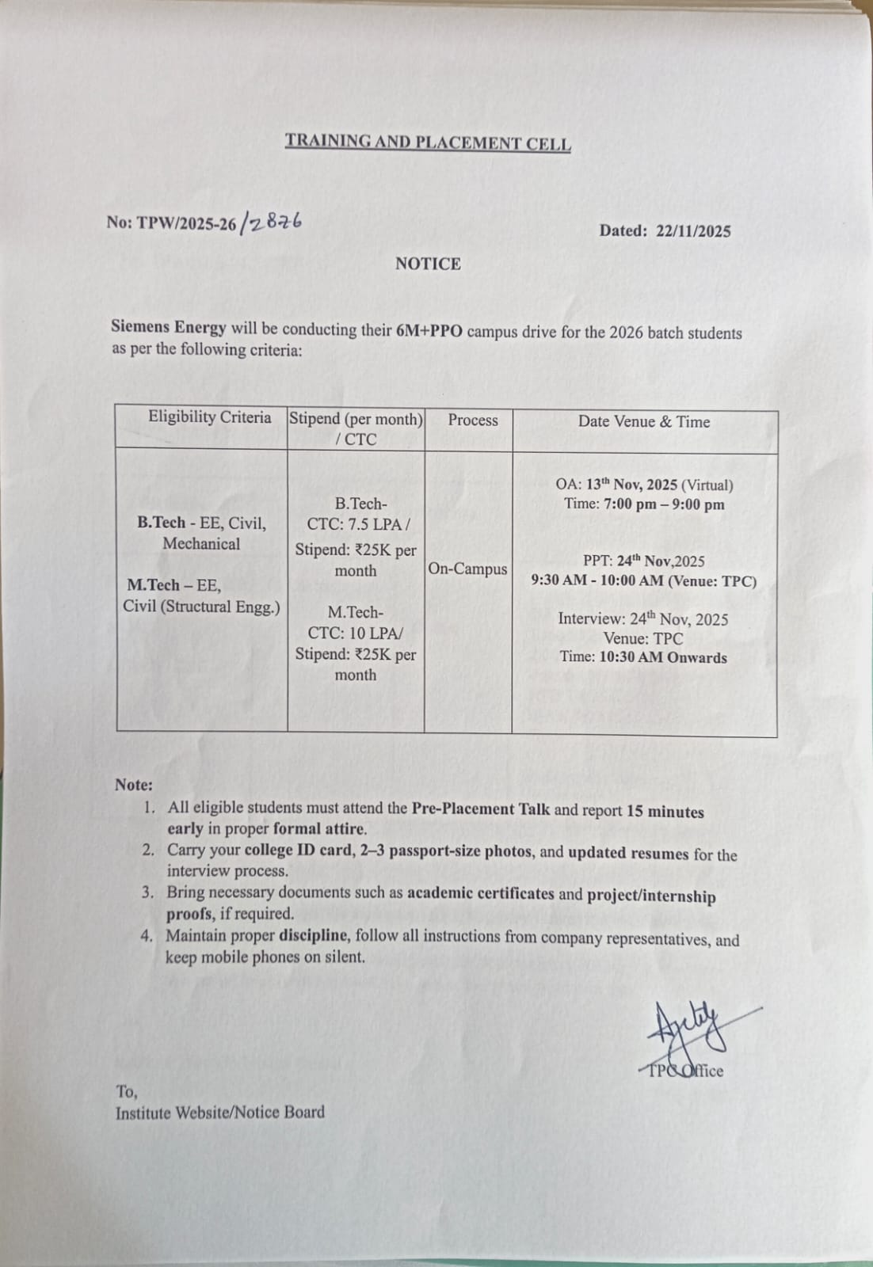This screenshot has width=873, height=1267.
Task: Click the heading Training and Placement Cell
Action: pos(428,143)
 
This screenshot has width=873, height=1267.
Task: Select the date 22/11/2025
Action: pos(692,231)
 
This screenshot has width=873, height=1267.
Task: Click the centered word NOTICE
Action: pos(428,264)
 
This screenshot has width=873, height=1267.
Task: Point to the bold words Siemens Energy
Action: pos(169,326)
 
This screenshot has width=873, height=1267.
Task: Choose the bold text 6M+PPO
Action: pos(429,330)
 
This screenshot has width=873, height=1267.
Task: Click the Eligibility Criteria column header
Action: pos(209,417)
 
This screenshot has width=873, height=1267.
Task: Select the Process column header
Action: pos(473,420)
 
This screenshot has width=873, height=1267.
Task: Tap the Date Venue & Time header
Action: pos(643,421)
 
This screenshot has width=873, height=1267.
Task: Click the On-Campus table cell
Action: pos(467,569)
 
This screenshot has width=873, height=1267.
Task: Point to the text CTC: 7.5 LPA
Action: pos(356,524)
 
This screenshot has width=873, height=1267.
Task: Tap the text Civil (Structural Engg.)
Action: pos(201,607)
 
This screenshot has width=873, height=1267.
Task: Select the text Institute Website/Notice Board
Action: pos(220,1113)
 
